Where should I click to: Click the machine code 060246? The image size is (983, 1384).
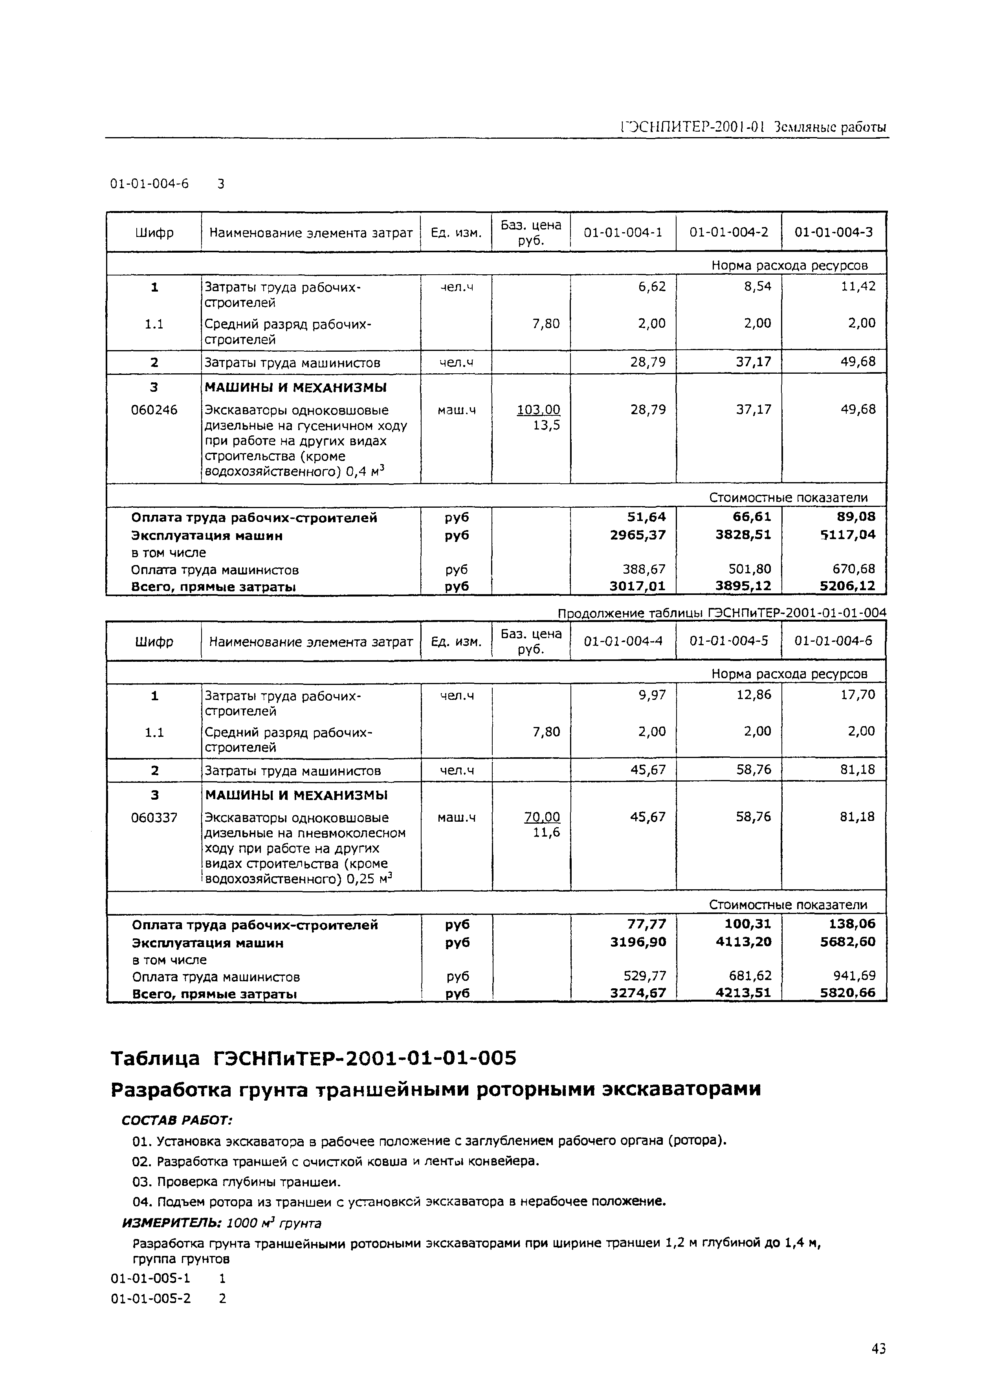point(154,410)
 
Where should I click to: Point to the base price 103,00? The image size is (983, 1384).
point(538,410)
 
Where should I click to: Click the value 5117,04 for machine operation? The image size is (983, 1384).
point(849,534)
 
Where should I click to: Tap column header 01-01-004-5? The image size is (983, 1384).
point(729,641)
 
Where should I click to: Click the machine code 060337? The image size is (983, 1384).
point(154,817)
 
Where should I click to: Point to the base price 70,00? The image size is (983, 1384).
point(542,817)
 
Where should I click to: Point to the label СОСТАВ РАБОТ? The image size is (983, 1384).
point(177,1121)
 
